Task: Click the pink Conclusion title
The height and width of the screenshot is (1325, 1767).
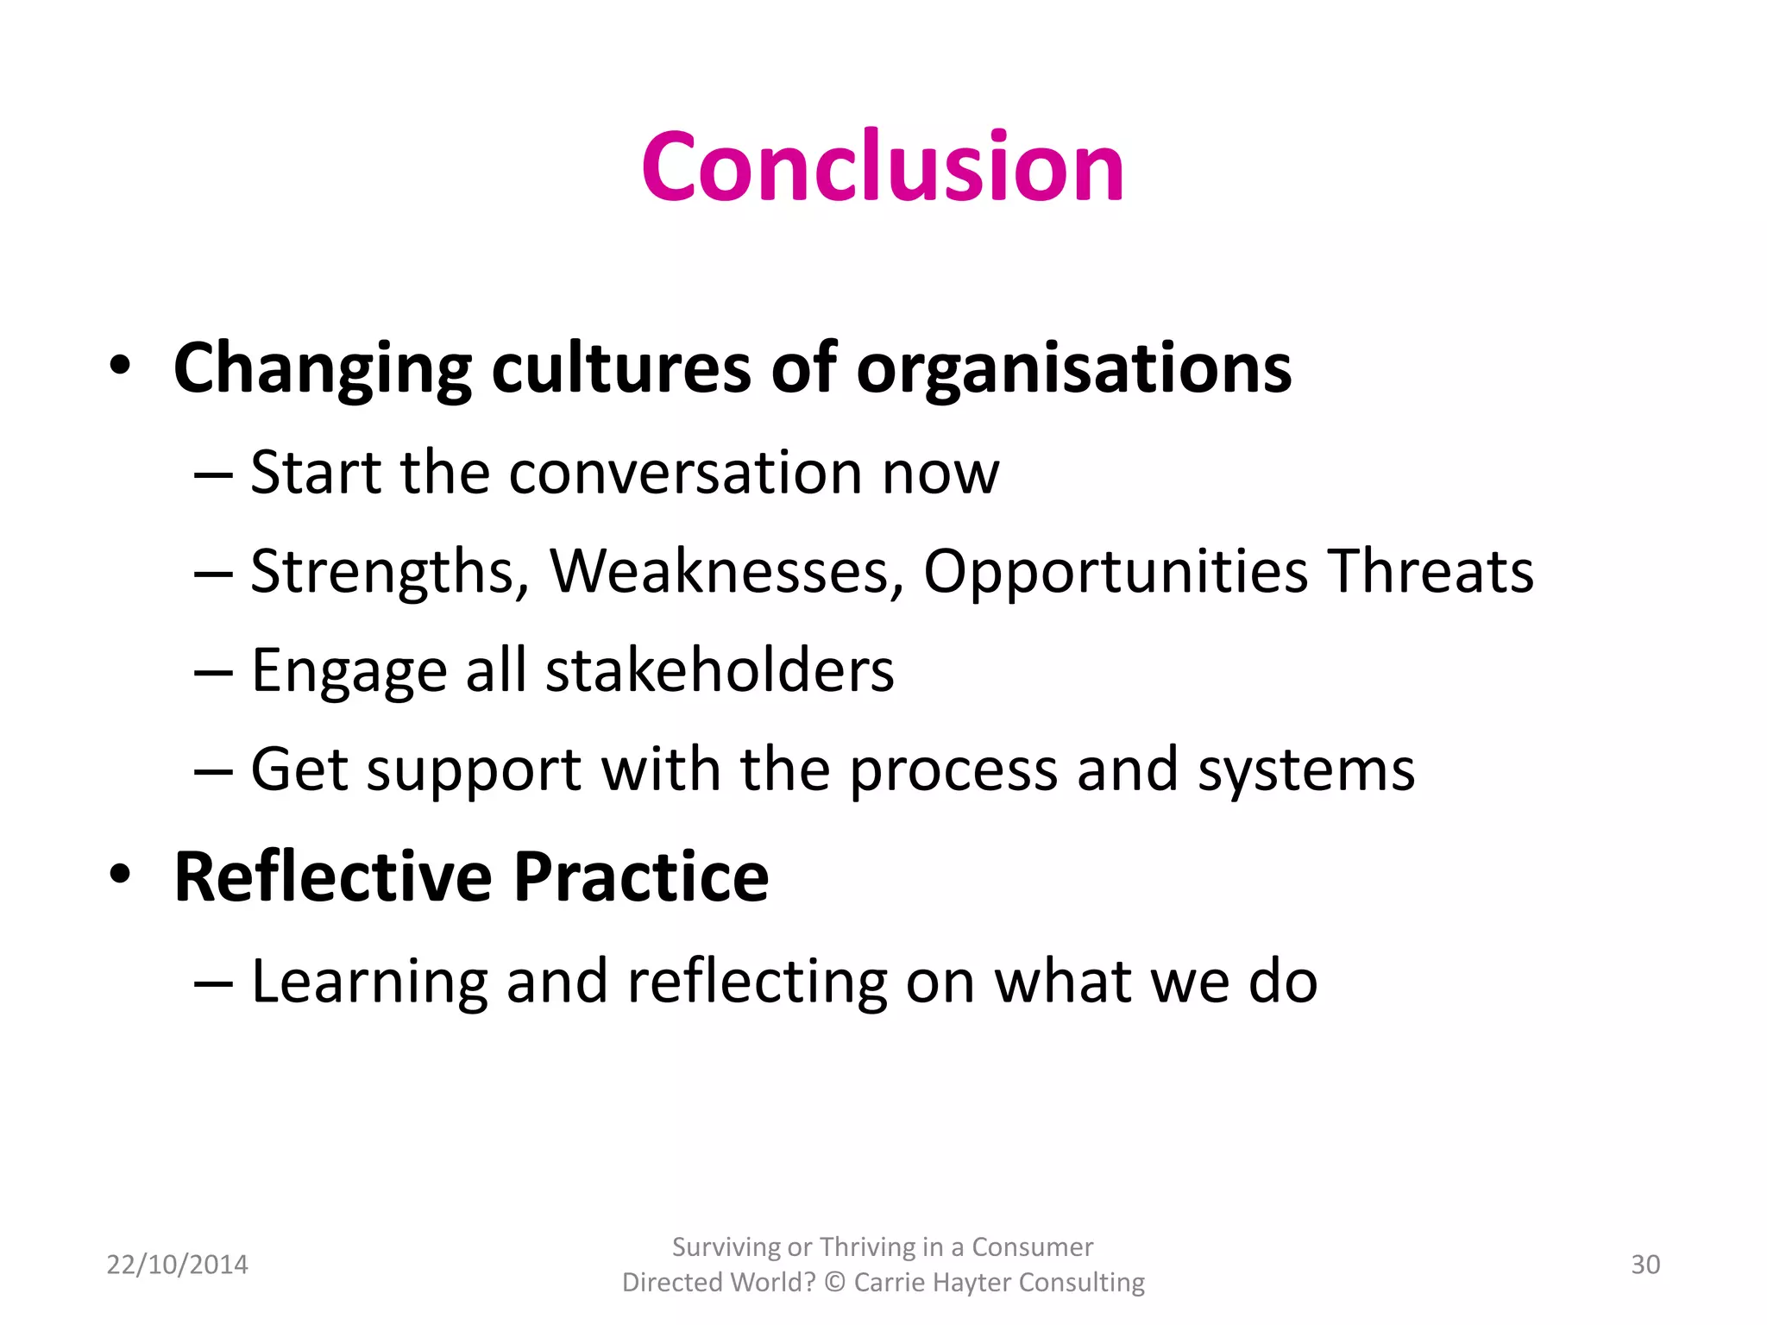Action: pyautogui.click(x=883, y=166)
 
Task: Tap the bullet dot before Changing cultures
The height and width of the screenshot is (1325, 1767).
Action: pyautogui.click(x=120, y=364)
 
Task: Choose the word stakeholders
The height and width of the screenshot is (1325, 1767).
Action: pyautogui.click(x=720, y=670)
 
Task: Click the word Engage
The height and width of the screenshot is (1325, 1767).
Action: pyautogui.click(x=349, y=672)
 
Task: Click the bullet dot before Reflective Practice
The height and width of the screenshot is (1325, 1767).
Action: pyautogui.click(x=120, y=873)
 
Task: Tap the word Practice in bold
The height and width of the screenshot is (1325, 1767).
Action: pyautogui.click(x=641, y=876)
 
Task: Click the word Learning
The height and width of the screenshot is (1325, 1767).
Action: pyautogui.click(x=368, y=983)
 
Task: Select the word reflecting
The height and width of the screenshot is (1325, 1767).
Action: pyautogui.click(x=758, y=983)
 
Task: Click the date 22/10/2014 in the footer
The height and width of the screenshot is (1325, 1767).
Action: pyautogui.click(x=177, y=1265)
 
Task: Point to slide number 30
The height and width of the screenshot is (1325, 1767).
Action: pyautogui.click(x=1644, y=1265)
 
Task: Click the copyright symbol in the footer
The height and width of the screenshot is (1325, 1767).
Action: pyautogui.click(x=834, y=1283)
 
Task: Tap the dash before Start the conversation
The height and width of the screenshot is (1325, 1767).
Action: pyautogui.click(x=213, y=474)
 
